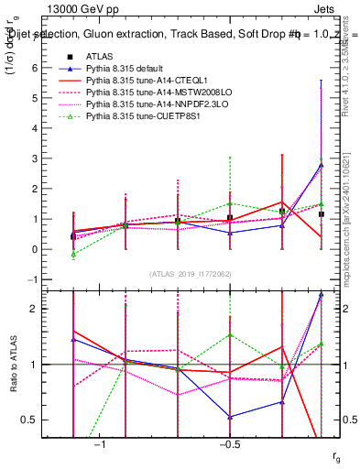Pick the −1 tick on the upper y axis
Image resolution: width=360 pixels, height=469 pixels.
pyautogui.click(x=33, y=279)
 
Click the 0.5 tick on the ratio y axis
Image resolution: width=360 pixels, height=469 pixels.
pyautogui.click(x=30, y=420)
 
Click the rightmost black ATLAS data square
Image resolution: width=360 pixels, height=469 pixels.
pyautogui.click(x=321, y=214)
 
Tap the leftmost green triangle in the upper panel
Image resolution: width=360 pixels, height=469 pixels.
pyautogui.click(x=73, y=254)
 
